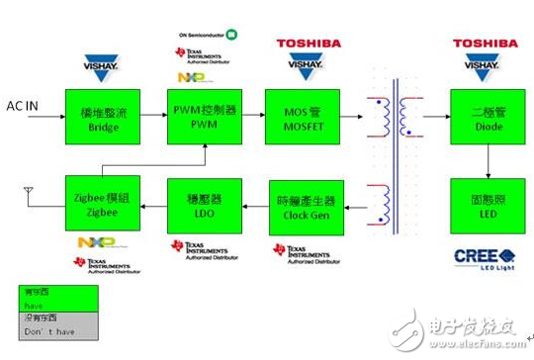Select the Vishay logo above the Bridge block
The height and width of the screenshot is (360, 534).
[x=99, y=66]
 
